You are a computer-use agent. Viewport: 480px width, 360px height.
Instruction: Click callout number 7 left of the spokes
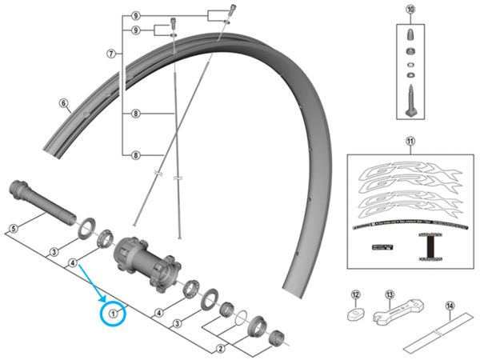click(x=112, y=54)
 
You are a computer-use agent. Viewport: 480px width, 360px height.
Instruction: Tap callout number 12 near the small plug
click(x=357, y=294)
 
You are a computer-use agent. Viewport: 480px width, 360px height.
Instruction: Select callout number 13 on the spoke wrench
click(x=390, y=294)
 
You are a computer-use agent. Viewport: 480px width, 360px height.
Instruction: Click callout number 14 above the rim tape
click(x=450, y=306)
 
